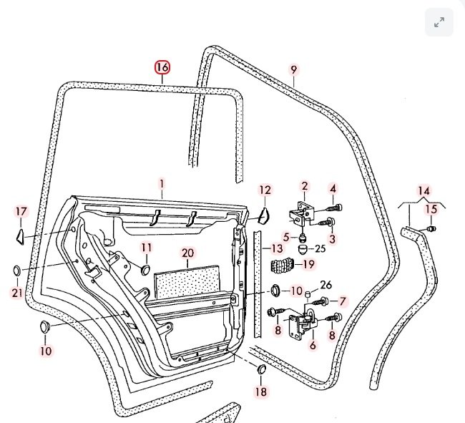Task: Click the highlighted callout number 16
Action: click(x=162, y=67)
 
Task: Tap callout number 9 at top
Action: click(x=293, y=69)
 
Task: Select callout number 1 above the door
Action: click(x=162, y=183)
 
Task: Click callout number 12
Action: click(x=265, y=190)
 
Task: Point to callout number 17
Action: click(x=21, y=211)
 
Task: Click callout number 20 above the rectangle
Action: click(x=187, y=253)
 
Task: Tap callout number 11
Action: click(x=146, y=248)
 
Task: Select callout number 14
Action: click(x=424, y=191)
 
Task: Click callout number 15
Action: click(x=431, y=209)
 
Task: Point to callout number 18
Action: click(x=260, y=392)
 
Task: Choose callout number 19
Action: click(x=308, y=264)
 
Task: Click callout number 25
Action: click(x=320, y=248)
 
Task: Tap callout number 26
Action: click(x=326, y=286)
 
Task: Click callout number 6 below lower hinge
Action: click(x=312, y=345)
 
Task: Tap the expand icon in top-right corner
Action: click(x=439, y=23)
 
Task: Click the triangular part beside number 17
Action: click(x=20, y=233)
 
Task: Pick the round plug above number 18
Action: click(x=260, y=369)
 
